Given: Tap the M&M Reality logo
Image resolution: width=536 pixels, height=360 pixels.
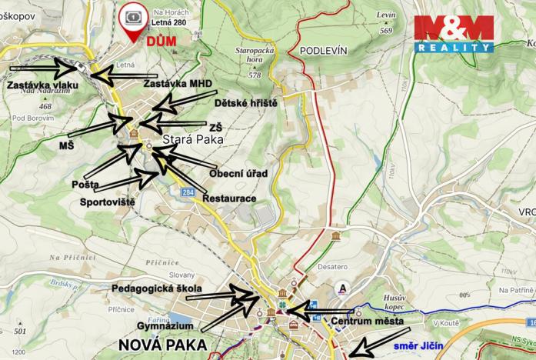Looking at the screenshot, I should [453, 33].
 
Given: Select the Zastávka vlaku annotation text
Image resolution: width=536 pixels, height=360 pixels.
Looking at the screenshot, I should [33, 85].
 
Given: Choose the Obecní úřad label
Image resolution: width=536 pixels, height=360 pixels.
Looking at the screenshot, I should [238, 173].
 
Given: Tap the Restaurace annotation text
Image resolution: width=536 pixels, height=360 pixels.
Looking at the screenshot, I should [229, 198].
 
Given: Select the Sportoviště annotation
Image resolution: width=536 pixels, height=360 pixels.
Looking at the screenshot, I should [108, 202].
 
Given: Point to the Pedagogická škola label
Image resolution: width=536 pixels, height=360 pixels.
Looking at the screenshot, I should [156, 288].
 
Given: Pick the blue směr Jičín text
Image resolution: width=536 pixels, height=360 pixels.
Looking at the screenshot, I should [416, 348].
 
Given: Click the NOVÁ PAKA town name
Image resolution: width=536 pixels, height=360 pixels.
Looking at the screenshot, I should [162, 344].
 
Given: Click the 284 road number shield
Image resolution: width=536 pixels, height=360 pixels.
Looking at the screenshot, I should [188, 192].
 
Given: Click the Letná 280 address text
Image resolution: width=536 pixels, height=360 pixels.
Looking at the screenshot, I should [169, 24].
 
